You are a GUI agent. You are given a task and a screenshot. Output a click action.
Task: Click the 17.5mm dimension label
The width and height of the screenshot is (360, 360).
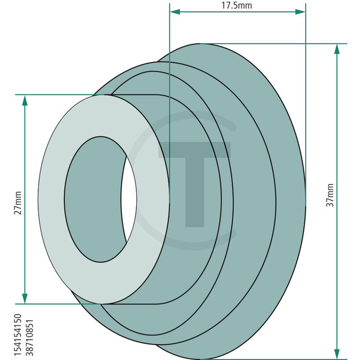point(237,6)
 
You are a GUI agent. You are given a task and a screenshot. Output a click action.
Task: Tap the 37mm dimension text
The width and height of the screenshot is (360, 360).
point(331,195)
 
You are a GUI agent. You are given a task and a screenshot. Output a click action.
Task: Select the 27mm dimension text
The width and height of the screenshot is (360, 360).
point(17,203)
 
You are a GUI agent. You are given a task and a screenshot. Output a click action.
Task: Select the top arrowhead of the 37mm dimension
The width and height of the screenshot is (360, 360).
point(337,48)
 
